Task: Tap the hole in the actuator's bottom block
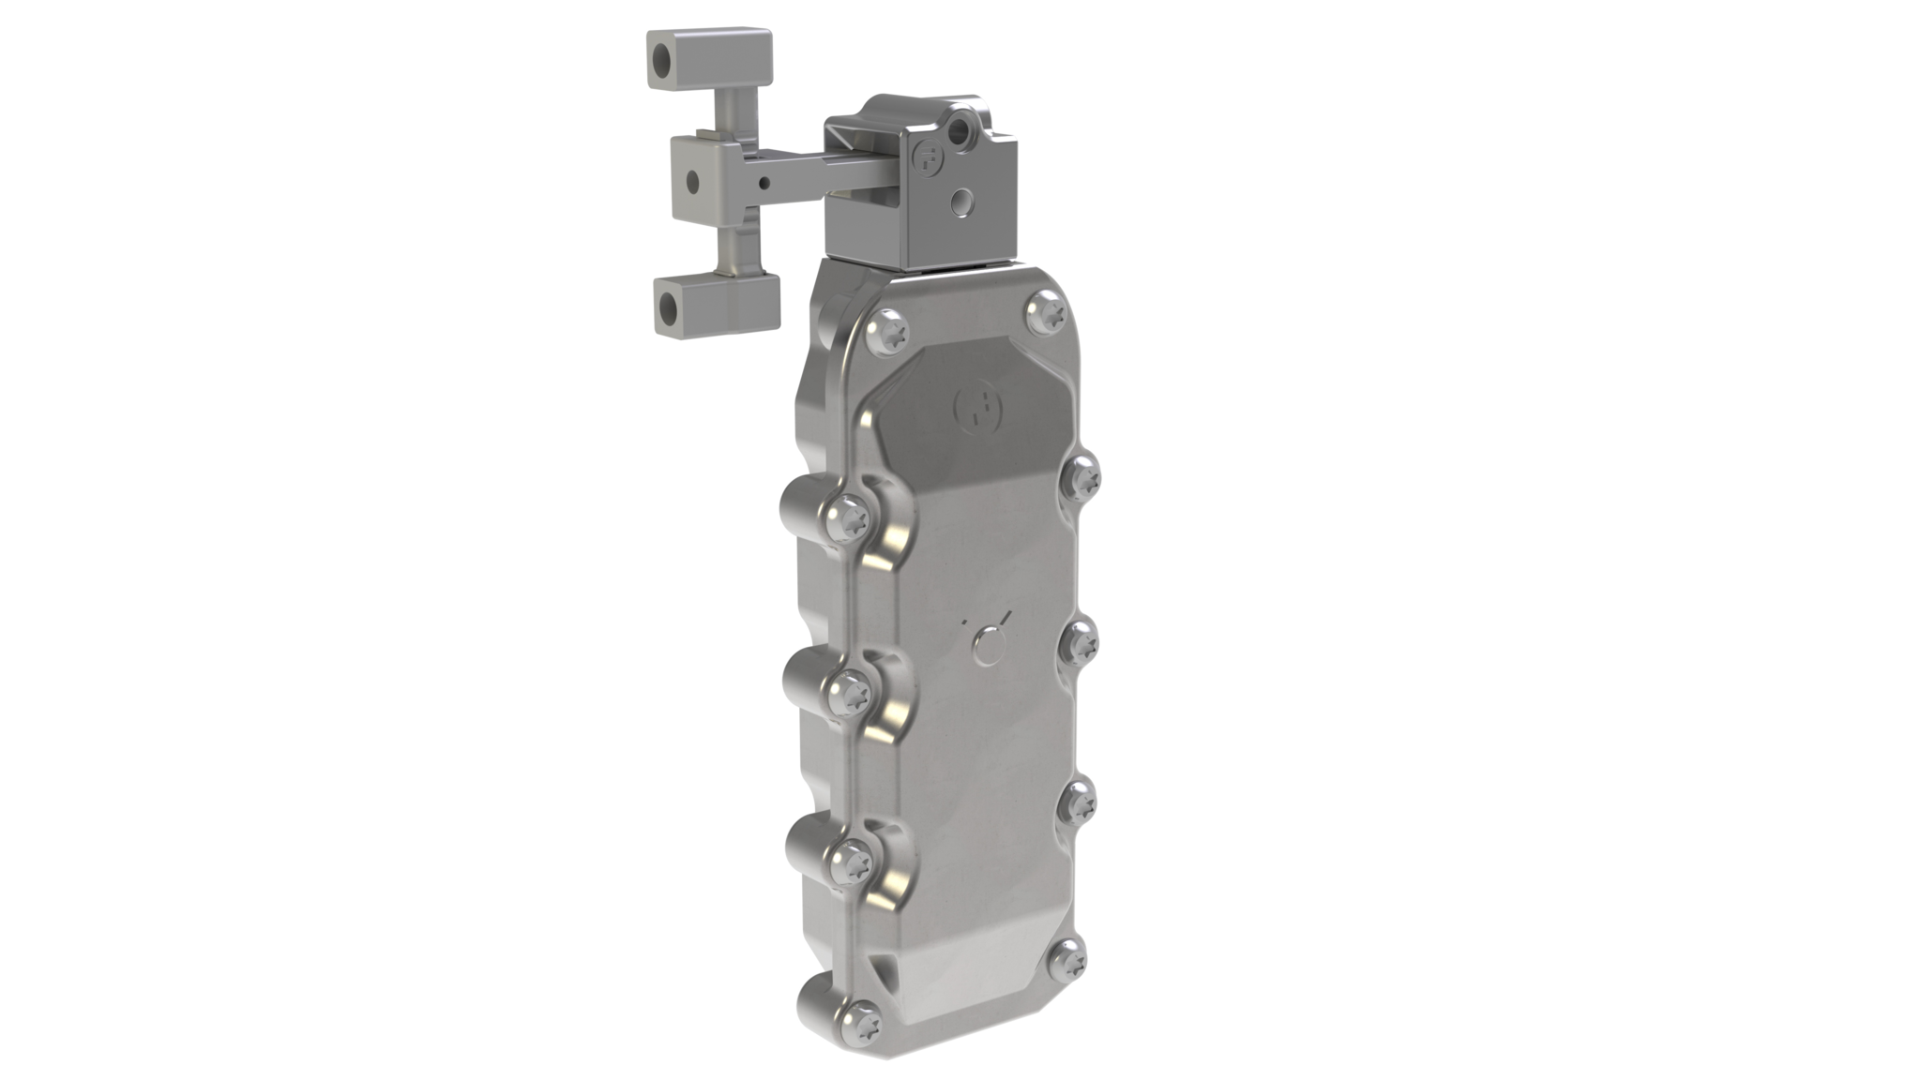point(671,305)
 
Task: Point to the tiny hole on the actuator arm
point(767,183)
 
